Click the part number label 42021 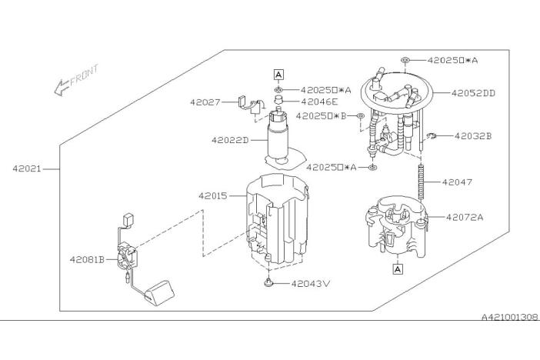(27, 168)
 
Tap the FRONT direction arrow (62, 88)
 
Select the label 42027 (205, 102)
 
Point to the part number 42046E (319, 102)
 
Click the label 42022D (230, 140)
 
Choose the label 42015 (213, 196)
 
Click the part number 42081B (87, 259)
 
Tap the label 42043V (311, 284)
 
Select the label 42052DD (473, 93)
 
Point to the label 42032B (473, 136)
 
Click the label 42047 (457, 182)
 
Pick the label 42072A (465, 218)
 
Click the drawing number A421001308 (510, 317)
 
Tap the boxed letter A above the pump (278, 75)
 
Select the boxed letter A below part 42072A (398, 269)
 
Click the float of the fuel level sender (159, 293)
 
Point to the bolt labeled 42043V (268, 283)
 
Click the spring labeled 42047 (421, 182)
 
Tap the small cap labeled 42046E (278, 101)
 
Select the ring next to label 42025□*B (360, 116)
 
